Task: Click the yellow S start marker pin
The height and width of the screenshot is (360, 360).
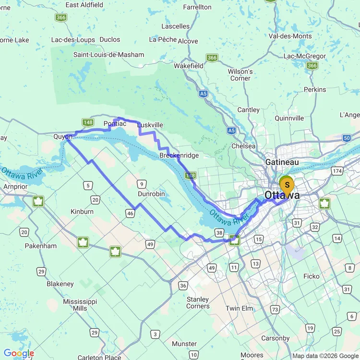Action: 287,185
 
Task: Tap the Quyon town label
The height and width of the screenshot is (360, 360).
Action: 63,137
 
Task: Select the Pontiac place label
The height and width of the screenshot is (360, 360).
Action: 115,124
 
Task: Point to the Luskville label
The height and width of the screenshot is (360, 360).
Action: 150,125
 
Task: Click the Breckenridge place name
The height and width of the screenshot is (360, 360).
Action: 179,156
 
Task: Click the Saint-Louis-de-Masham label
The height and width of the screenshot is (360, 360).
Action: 108,55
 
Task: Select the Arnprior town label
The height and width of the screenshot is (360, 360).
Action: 15,186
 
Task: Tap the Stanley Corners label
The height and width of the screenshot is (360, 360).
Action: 198,302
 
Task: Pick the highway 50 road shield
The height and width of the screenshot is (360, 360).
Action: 347,138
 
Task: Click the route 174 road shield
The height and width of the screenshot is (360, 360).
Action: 338,171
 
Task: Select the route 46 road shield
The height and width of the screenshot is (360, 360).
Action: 130,214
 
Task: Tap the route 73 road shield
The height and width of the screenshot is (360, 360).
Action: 275,310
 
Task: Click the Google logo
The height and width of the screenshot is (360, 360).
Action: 19,354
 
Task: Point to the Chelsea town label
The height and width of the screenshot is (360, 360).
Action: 243,145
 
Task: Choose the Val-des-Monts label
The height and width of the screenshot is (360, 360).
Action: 290,36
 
